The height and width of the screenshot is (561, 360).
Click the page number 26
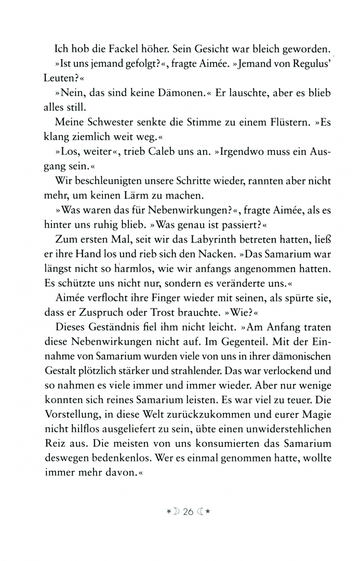coord(188,511)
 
